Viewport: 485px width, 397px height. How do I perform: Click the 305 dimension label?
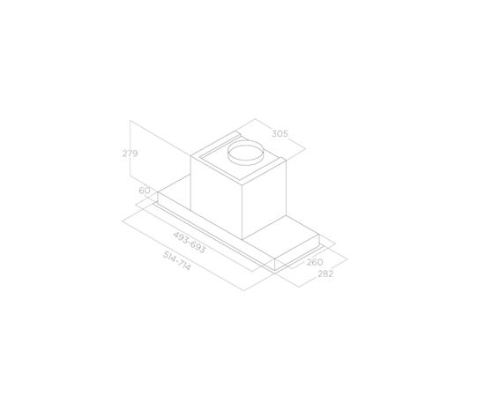[280, 134]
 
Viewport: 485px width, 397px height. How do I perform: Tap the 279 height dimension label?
[130, 154]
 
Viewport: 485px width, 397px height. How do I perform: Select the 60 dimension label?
[144, 191]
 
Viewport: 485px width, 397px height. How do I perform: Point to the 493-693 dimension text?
[190, 243]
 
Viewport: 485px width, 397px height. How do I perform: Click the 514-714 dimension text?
[177, 260]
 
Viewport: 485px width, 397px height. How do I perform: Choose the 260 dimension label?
[315, 262]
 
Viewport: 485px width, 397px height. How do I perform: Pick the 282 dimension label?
[325, 273]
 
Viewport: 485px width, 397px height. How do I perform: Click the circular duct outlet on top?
[246, 153]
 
